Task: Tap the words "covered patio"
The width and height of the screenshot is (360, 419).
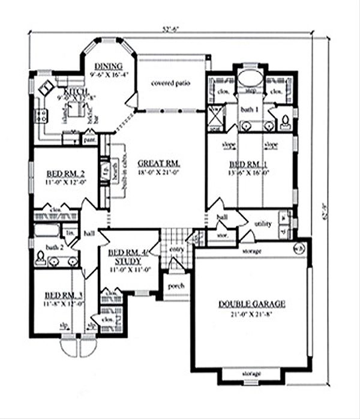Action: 171,83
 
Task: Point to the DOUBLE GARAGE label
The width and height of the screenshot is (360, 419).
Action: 251,304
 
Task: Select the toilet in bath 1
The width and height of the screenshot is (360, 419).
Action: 286,119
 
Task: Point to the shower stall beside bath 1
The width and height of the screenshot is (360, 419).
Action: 214,113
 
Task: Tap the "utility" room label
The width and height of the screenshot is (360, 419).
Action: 263,225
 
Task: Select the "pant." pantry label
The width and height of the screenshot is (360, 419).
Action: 90,140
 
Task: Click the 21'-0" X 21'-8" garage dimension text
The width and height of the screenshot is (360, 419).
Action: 251,314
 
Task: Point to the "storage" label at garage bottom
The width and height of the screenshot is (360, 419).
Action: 251,373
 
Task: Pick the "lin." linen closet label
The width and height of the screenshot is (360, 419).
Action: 69,232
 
